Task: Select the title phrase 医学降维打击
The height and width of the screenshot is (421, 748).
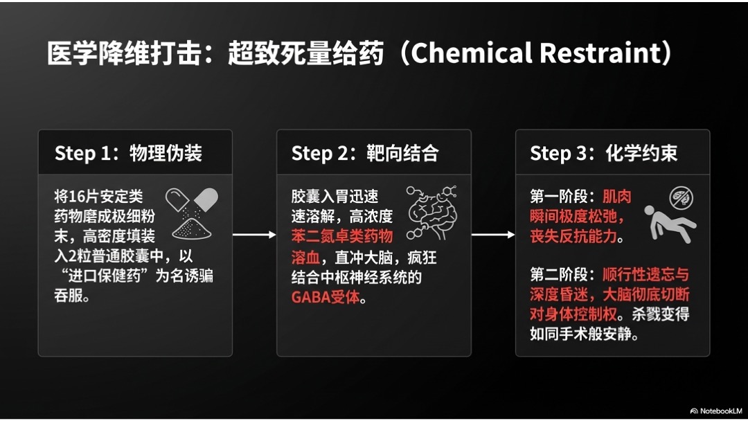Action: (x=124, y=53)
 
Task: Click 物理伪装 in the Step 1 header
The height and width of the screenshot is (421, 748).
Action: (x=166, y=153)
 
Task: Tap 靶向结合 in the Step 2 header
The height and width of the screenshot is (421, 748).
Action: (x=402, y=153)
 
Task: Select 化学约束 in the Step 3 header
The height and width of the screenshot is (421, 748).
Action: (x=641, y=153)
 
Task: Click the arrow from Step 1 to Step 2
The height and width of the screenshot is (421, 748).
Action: (x=254, y=235)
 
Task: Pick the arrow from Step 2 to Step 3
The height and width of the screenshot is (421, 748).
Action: (x=493, y=235)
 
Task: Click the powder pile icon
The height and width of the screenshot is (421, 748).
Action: (x=191, y=229)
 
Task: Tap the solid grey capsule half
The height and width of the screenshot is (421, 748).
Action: (x=206, y=199)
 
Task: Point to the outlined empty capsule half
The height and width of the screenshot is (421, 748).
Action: (x=177, y=200)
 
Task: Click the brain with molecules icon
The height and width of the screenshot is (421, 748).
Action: (x=431, y=213)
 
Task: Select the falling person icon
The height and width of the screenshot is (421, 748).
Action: (x=670, y=224)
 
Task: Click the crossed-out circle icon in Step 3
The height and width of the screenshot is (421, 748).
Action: (x=682, y=198)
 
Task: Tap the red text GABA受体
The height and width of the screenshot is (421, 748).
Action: (x=326, y=297)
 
